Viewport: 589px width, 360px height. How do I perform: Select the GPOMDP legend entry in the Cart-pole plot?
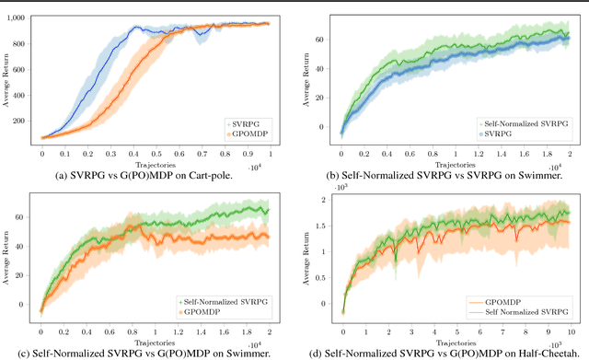coord(241,134)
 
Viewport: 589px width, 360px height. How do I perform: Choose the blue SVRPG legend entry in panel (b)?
coord(497,134)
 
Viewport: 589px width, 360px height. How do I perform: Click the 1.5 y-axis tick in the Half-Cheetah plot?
coord(331,224)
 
